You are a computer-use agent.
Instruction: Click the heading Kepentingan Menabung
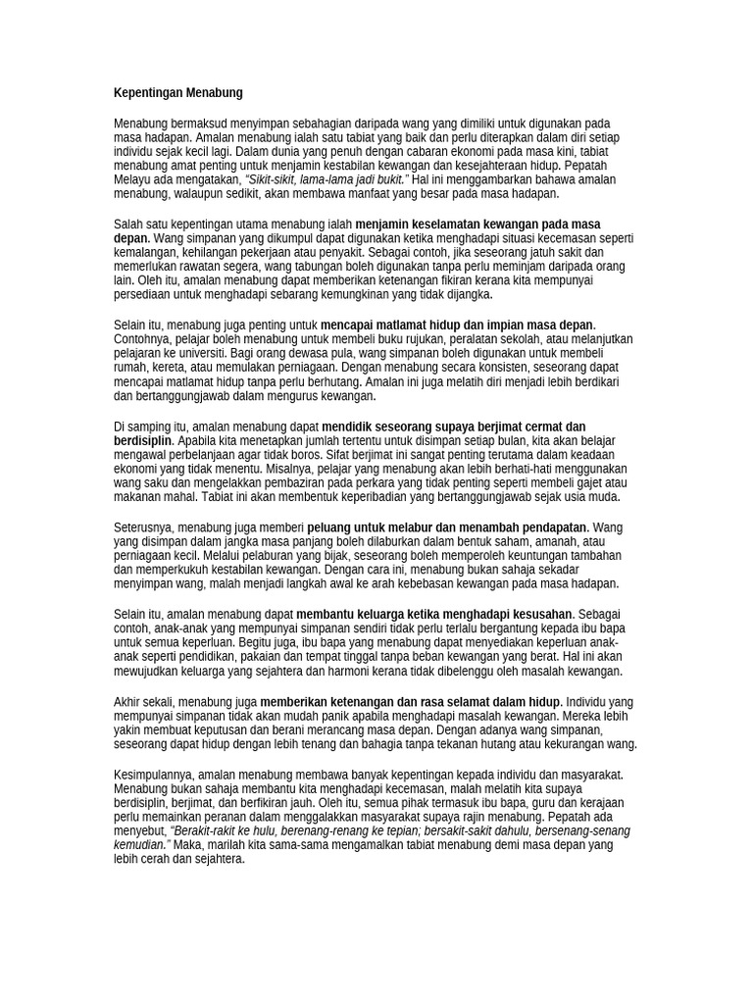point(178,93)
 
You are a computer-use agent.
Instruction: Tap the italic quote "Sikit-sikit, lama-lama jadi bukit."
point(325,181)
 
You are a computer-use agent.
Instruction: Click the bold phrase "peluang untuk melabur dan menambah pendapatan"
point(447,527)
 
